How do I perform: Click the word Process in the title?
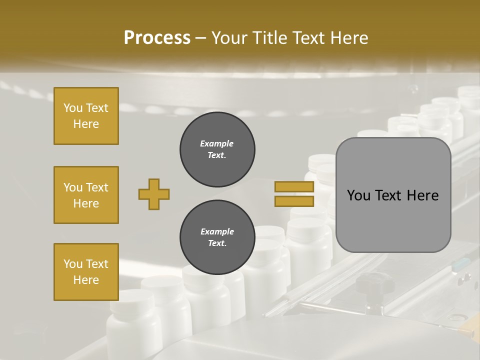coord(157,38)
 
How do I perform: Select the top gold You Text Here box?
coord(86,116)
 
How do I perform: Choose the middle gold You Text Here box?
coord(86,195)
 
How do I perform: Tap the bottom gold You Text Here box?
coord(86,272)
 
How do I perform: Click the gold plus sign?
coord(154,194)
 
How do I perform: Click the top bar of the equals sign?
coord(294,186)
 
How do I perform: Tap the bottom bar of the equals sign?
coord(294,201)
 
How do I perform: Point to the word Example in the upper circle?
coord(217,143)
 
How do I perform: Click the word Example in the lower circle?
coord(217,231)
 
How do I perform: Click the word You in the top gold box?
coord(72,108)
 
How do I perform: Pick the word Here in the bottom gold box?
coord(86,280)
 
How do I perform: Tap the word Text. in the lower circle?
coord(217,243)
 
